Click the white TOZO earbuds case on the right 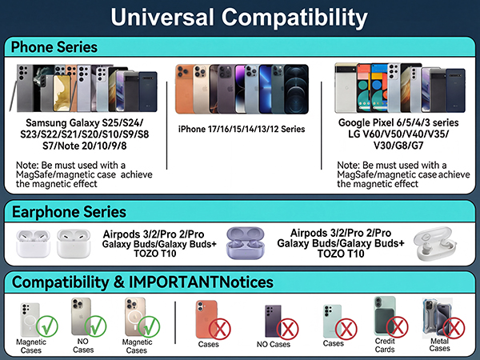pos(438,245)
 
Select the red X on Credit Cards pos(397,327)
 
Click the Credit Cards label pos(386,346)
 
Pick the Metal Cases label pos(440,346)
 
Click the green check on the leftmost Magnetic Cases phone pos(47,326)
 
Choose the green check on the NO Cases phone pos(98,326)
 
